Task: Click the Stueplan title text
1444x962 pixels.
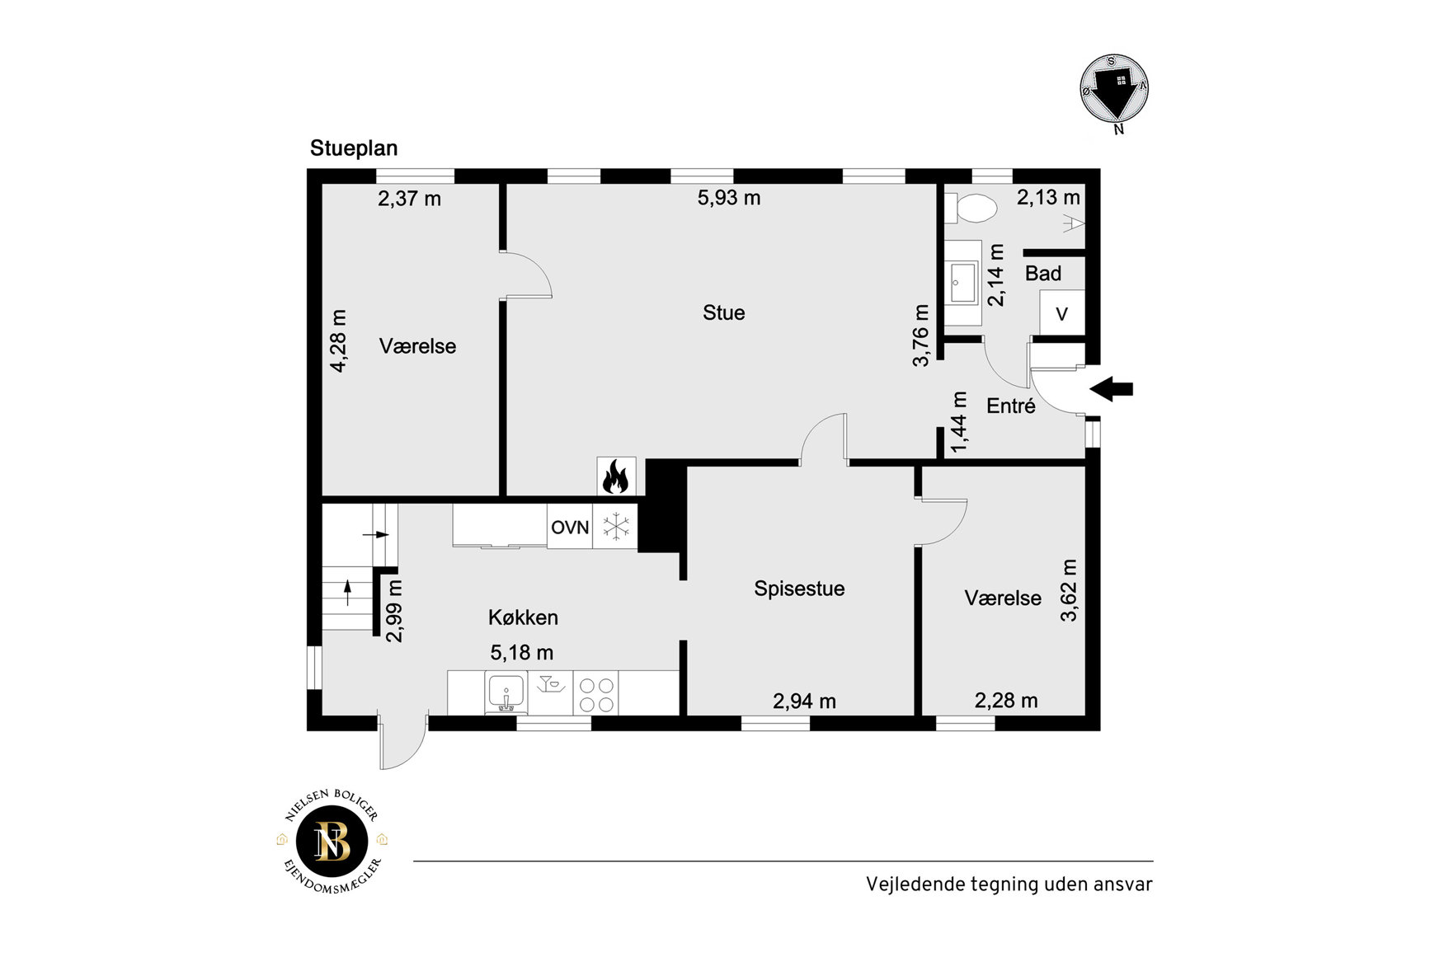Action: [x=354, y=148]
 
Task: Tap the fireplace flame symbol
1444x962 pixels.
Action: [x=616, y=476]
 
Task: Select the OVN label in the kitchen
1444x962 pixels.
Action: [x=570, y=528]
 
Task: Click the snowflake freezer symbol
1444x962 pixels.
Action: [x=616, y=527]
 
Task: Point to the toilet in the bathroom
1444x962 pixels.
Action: [x=971, y=209]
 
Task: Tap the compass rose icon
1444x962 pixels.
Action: [x=1115, y=90]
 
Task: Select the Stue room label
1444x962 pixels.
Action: [x=723, y=312]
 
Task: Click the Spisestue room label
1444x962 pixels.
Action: [x=799, y=589]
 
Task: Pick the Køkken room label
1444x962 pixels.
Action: [x=523, y=617]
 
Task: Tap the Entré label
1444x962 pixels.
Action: [x=1011, y=406]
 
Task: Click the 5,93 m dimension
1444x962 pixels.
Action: [x=729, y=198]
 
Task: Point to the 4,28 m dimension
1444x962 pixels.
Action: [x=338, y=341]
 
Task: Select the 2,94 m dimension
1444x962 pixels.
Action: [x=804, y=702]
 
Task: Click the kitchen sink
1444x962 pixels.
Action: [x=506, y=692]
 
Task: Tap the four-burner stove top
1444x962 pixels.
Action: [x=595, y=694]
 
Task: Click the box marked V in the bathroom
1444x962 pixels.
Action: [x=1061, y=313]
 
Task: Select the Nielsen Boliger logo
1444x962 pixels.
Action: [x=332, y=842]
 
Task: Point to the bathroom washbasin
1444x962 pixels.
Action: [x=963, y=283]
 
